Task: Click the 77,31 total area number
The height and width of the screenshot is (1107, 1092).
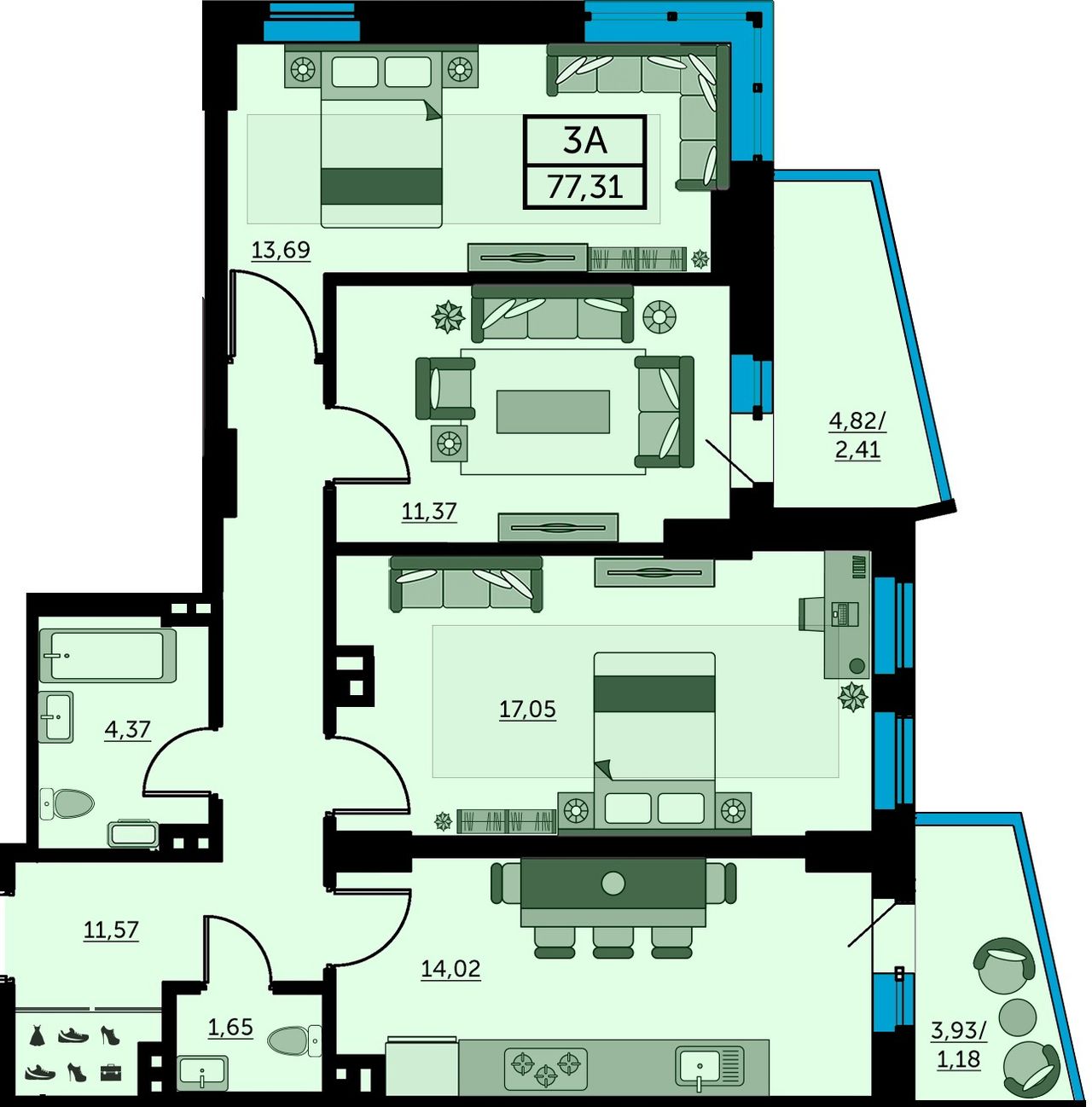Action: tap(584, 188)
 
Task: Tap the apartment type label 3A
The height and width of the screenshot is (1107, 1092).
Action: tap(584, 141)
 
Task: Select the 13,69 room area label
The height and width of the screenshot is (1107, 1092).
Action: tap(281, 251)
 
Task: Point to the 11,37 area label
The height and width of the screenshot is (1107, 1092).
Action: tap(429, 511)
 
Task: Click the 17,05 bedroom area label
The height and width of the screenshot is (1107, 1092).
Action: tap(527, 710)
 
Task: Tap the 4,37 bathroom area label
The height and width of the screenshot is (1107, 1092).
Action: tap(127, 730)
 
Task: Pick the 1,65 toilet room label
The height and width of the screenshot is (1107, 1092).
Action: tap(229, 1027)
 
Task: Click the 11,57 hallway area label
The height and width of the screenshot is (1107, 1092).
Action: tap(111, 930)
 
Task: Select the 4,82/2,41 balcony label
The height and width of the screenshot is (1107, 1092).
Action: tap(857, 436)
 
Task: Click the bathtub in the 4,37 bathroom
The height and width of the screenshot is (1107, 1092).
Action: tap(107, 656)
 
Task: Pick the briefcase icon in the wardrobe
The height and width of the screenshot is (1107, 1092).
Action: tap(111, 1072)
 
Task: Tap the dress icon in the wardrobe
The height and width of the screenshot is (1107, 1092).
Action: tap(38, 1035)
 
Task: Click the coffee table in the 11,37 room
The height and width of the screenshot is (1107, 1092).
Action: tap(552, 412)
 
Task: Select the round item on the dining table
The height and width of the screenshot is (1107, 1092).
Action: tap(613, 883)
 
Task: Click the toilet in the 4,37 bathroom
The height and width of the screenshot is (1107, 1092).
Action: tap(67, 803)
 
